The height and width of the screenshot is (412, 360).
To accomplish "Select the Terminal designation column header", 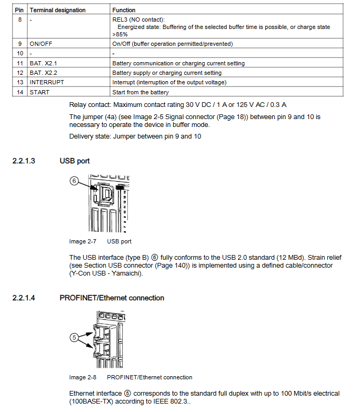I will [x=57, y=10].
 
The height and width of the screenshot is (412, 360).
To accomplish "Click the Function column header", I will [x=124, y=10].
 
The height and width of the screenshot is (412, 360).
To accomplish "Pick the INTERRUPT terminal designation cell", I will [x=47, y=83].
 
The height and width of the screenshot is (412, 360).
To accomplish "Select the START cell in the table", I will [x=39, y=92].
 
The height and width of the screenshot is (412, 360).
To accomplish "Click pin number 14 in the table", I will [x=20, y=92].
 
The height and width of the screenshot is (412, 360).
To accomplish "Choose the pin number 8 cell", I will [x=20, y=19].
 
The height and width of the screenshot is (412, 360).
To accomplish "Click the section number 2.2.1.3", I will [x=24, y=161].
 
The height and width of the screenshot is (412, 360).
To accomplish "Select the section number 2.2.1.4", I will [x=24, y=298].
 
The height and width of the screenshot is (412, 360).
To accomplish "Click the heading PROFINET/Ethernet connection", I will [x=112, y=298].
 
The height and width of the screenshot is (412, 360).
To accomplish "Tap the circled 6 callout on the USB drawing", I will [x=74, y=181].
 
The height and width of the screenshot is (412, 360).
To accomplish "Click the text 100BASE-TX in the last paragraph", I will [x=90, y=401].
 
